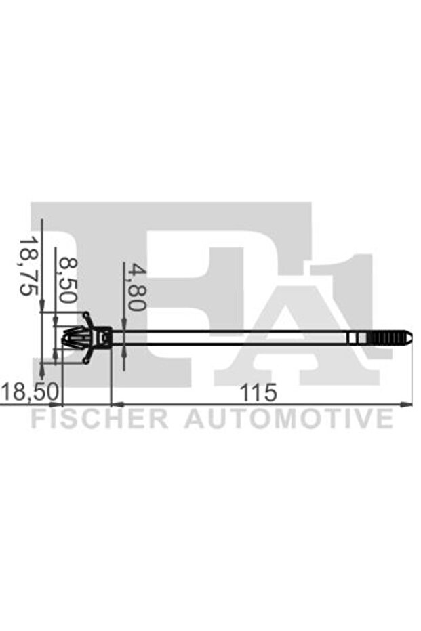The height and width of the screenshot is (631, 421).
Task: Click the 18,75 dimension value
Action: tap(27, 266)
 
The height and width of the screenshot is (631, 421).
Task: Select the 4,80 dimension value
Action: tap(137, 287)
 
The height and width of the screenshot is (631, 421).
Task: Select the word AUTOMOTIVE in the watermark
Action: tap(289, 418)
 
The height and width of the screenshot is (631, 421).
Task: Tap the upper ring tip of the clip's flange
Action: tap(86, 315)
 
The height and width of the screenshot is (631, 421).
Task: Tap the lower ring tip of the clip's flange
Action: tap(86, 360)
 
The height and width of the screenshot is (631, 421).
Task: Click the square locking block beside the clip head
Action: tap(103, 337)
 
